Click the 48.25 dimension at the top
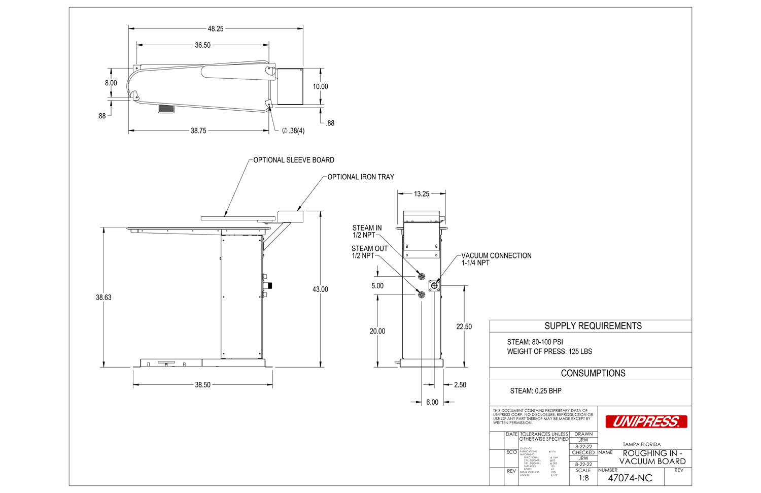coord(216,29)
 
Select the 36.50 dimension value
coord(202,45)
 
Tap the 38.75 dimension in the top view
coord(198,131)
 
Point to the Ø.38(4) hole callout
coord(293,131)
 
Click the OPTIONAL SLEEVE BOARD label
coord(294,160)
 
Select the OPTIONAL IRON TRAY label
coord(361,177)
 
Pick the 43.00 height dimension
coord(320,289)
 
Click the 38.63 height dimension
coord(103,298)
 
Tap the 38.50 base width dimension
coord(202,385)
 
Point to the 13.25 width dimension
coord(421,194)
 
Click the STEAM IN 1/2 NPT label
coord(367,232)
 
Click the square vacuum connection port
coord(434,286)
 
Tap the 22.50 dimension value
coord(464,327)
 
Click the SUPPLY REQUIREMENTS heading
coord(593,326)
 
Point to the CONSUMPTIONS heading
coord(593,373)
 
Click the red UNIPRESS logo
coord(646,421)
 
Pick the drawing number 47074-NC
coord(630,478)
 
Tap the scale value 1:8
coord(584,478)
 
